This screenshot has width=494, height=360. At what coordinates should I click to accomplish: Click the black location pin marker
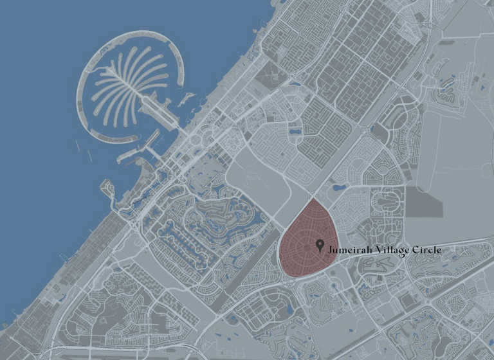click(x=320, y=245)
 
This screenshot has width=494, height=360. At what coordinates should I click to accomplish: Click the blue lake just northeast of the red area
click(x=337, y=188)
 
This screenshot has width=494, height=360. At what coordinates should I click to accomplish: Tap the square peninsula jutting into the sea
click(x=107, y=188)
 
